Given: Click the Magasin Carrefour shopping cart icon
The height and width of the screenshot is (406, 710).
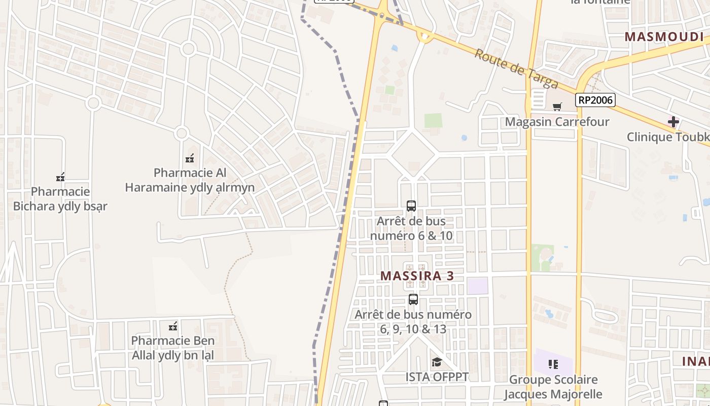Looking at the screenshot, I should (x=557, y=107).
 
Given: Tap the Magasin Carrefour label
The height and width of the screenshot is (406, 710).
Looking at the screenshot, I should (x=557, y=122).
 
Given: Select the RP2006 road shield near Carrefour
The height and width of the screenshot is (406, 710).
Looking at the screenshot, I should (x=595, y=100).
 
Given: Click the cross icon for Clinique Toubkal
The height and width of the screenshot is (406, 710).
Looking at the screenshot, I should (x=673, y=122).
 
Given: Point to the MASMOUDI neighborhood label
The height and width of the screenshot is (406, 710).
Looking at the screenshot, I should (x=664, y=37).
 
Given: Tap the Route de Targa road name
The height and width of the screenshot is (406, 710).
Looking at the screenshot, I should (x=516, y=69).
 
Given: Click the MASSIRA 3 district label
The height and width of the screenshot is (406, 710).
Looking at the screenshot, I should (x=416, y=276).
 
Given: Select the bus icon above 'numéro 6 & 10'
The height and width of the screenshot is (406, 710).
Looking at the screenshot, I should (x=411, y=206).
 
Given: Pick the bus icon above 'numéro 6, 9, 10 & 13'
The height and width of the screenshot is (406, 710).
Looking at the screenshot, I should (x=413, y=299).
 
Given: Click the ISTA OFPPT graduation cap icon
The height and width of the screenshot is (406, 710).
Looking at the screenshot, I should (x=436, y=362).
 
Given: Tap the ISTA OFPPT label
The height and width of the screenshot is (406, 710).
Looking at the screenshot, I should (x=437, y=377).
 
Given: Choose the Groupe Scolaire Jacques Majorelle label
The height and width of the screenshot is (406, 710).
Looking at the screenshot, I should (x=553, y=387).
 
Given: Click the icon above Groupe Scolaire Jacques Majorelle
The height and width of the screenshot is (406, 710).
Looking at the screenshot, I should (x=553, y=364).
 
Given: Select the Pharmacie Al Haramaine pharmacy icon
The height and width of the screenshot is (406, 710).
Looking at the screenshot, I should (x=190, y=158).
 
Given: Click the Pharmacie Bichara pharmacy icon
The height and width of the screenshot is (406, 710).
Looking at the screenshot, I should (x=60, y=177).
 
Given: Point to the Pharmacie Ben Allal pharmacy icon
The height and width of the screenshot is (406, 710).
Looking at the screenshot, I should (x=173, y=326).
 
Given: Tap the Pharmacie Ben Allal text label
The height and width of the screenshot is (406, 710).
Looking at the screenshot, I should (x=173, y=348).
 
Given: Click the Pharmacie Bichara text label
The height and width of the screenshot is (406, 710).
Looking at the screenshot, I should (x=60, y=199).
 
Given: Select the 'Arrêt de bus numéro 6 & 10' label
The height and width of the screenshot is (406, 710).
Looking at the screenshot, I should (x=411, y=228).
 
